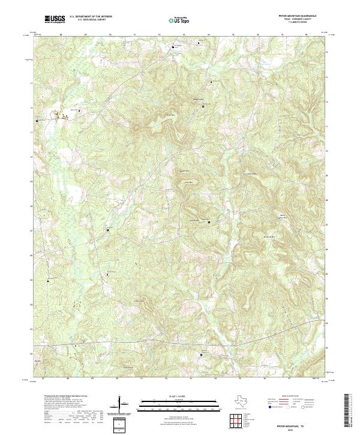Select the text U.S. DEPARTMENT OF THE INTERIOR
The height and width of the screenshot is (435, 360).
click(91, 16)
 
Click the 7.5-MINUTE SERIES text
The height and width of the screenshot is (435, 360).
click(299, 23)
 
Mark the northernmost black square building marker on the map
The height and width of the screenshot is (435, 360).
click(175, 47)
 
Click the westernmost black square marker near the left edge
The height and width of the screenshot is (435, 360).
click(38, 121)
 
